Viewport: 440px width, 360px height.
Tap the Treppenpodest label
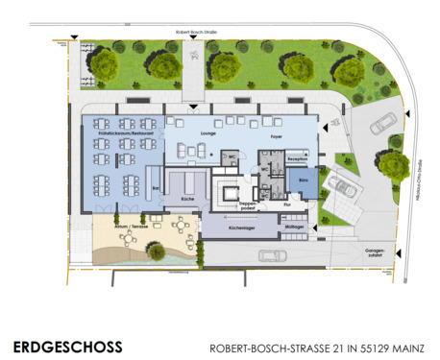[x=247, y=204]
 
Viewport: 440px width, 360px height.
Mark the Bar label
[x=155, y=190]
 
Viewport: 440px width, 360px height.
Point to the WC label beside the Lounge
[x=231, y=156]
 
